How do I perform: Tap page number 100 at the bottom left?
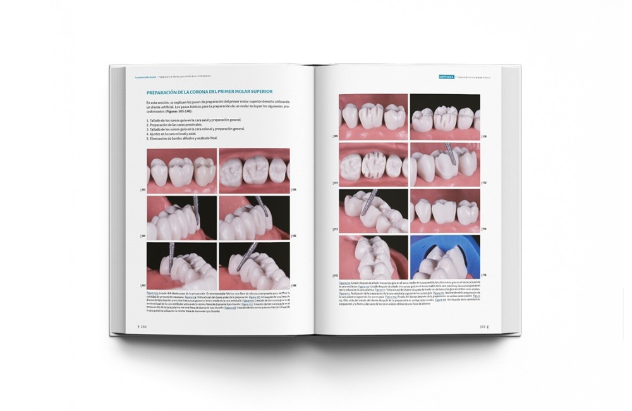142,326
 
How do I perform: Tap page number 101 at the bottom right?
485,326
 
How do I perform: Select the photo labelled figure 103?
182,171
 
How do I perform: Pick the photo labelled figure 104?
254,171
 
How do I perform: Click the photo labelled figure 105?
182,218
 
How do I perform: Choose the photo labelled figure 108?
254,265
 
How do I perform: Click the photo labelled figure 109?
373,116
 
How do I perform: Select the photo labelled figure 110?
444,116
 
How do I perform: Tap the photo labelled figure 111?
373,164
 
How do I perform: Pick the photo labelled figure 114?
444,211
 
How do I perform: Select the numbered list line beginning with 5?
183,137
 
